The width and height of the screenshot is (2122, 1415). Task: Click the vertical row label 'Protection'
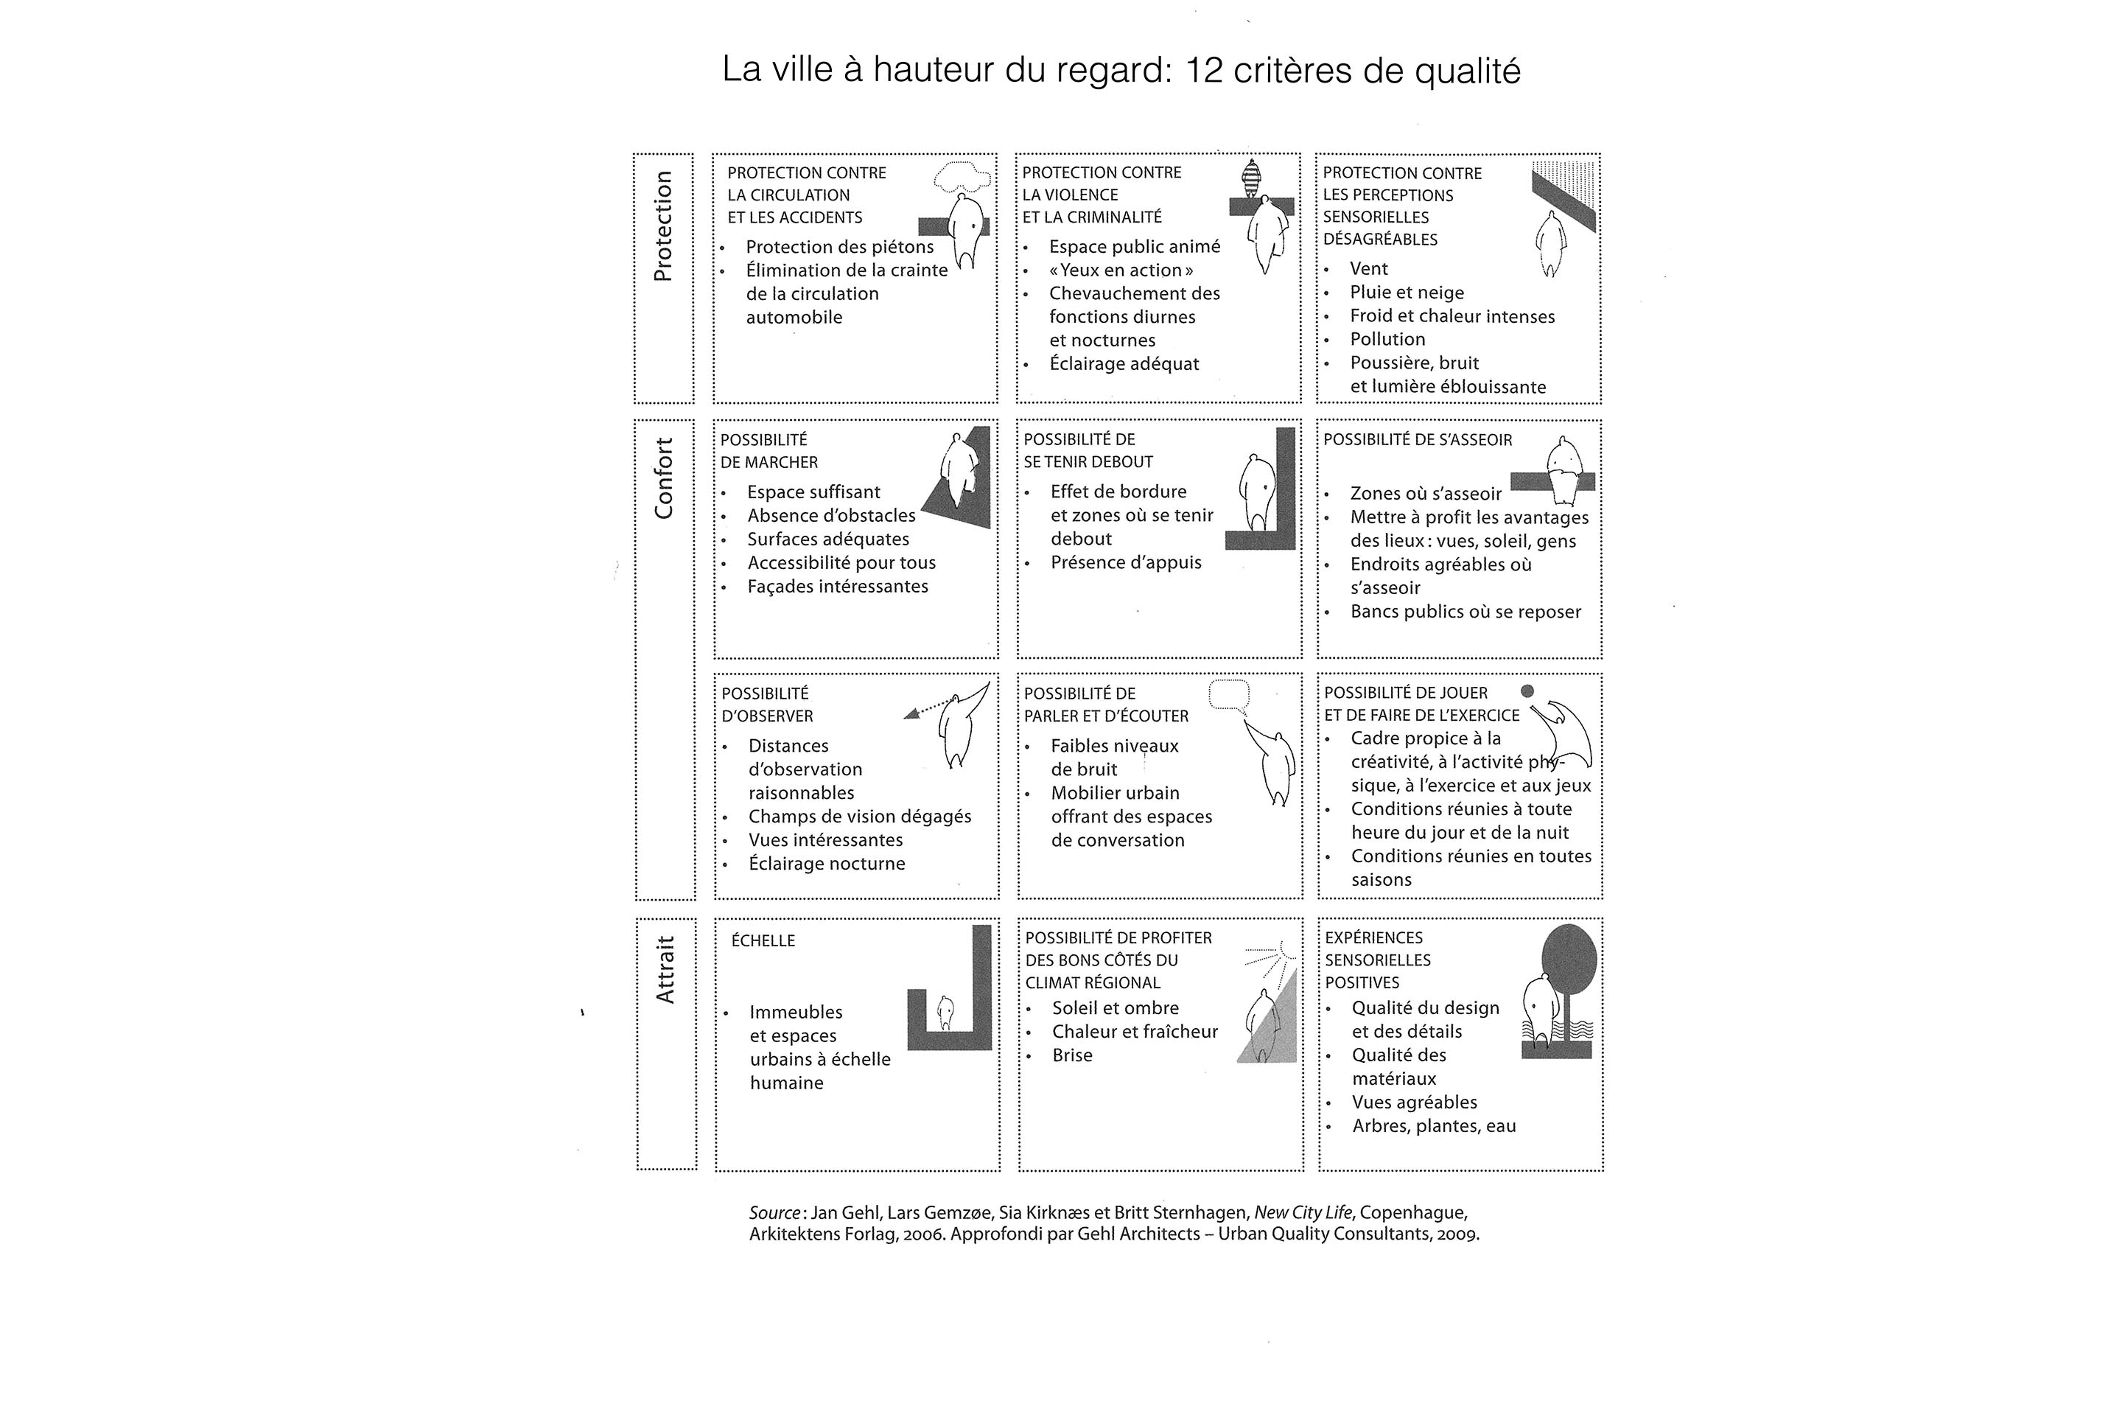(663, 226)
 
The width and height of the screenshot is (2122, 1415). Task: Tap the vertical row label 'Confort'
(664, 478)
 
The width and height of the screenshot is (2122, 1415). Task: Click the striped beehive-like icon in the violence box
(1251, 178)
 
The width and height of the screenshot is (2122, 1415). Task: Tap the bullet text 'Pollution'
(1387, 339)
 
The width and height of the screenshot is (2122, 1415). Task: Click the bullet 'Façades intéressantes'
(837, 587)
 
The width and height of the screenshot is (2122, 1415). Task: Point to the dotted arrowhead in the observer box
(912, 714)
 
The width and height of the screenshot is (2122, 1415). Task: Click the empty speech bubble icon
(1229, 695)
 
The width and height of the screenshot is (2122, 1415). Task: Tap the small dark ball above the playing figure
(1527, 691)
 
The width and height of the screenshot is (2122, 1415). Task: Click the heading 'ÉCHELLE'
(763, 941)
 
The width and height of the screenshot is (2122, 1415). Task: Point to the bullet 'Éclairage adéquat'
(1124, 363)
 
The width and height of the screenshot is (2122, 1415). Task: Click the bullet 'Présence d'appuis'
(1126, 562)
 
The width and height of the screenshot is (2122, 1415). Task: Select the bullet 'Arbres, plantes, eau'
(1434, 1126)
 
